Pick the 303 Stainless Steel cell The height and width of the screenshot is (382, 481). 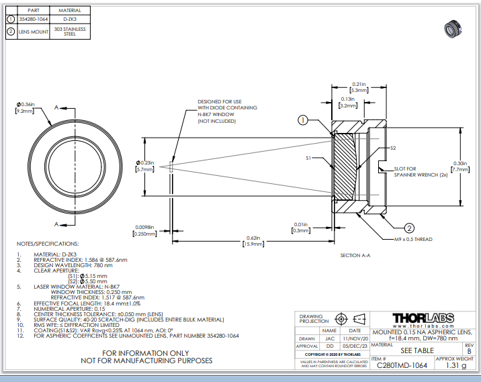tap(70, 31)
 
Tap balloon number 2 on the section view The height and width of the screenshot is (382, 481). tap(409, 226)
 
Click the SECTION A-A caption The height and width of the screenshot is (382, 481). tap(361, 255)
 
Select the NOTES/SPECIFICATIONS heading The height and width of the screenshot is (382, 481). tap(49, 243)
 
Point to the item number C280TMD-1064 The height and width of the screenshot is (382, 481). tap(402, 366)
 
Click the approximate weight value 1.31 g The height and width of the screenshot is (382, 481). tap(455, 366)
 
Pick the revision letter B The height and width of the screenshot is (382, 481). tap(468, 351)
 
